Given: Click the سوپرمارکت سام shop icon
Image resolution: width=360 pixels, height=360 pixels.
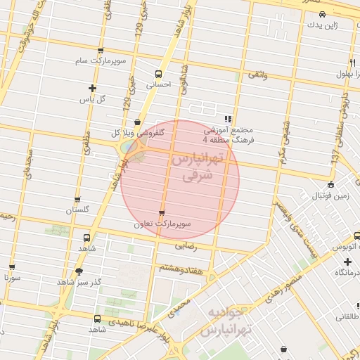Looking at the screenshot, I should pyautogui.click(x=101, y=51).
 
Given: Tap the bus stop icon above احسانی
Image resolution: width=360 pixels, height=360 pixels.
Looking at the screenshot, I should pyautogui.click(x=158, y=73).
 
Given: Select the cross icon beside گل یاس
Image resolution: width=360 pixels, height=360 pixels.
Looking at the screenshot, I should pyautogui.click(x=92, y=88).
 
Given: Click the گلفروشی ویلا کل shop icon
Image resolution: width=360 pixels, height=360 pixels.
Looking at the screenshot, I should pyautogui.click(x=136, y=122).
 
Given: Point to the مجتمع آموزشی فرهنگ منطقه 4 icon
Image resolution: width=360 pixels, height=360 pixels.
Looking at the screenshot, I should pyautogui.click(x=227, y=120).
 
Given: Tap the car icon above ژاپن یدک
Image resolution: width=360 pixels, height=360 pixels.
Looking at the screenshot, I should pyautogui.click(x=321, y=14).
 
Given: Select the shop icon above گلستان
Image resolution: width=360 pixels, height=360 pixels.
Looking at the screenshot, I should pyautogui.click(x=77, y=200).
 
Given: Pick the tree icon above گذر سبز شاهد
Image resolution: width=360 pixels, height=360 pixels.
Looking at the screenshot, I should pyautogui.click(x=79, y=271).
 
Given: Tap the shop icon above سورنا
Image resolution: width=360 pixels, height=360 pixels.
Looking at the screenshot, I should pyautogui.click(x=12, y=267).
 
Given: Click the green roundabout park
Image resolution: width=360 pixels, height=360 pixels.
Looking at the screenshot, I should pyautogui.click(x=131, y=148).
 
